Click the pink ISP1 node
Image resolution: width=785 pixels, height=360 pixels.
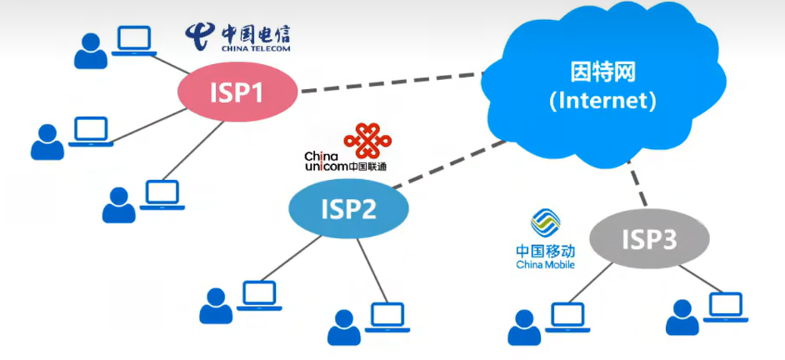(237, 92)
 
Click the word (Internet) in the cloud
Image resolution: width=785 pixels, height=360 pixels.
(602, 102)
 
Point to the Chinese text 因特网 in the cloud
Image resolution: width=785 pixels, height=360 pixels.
(603, 72)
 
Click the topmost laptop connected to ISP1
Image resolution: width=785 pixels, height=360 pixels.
(134, 41)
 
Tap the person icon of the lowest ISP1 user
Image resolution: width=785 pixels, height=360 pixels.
(118, 205)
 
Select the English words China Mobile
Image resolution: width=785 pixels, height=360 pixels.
(546, 265)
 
